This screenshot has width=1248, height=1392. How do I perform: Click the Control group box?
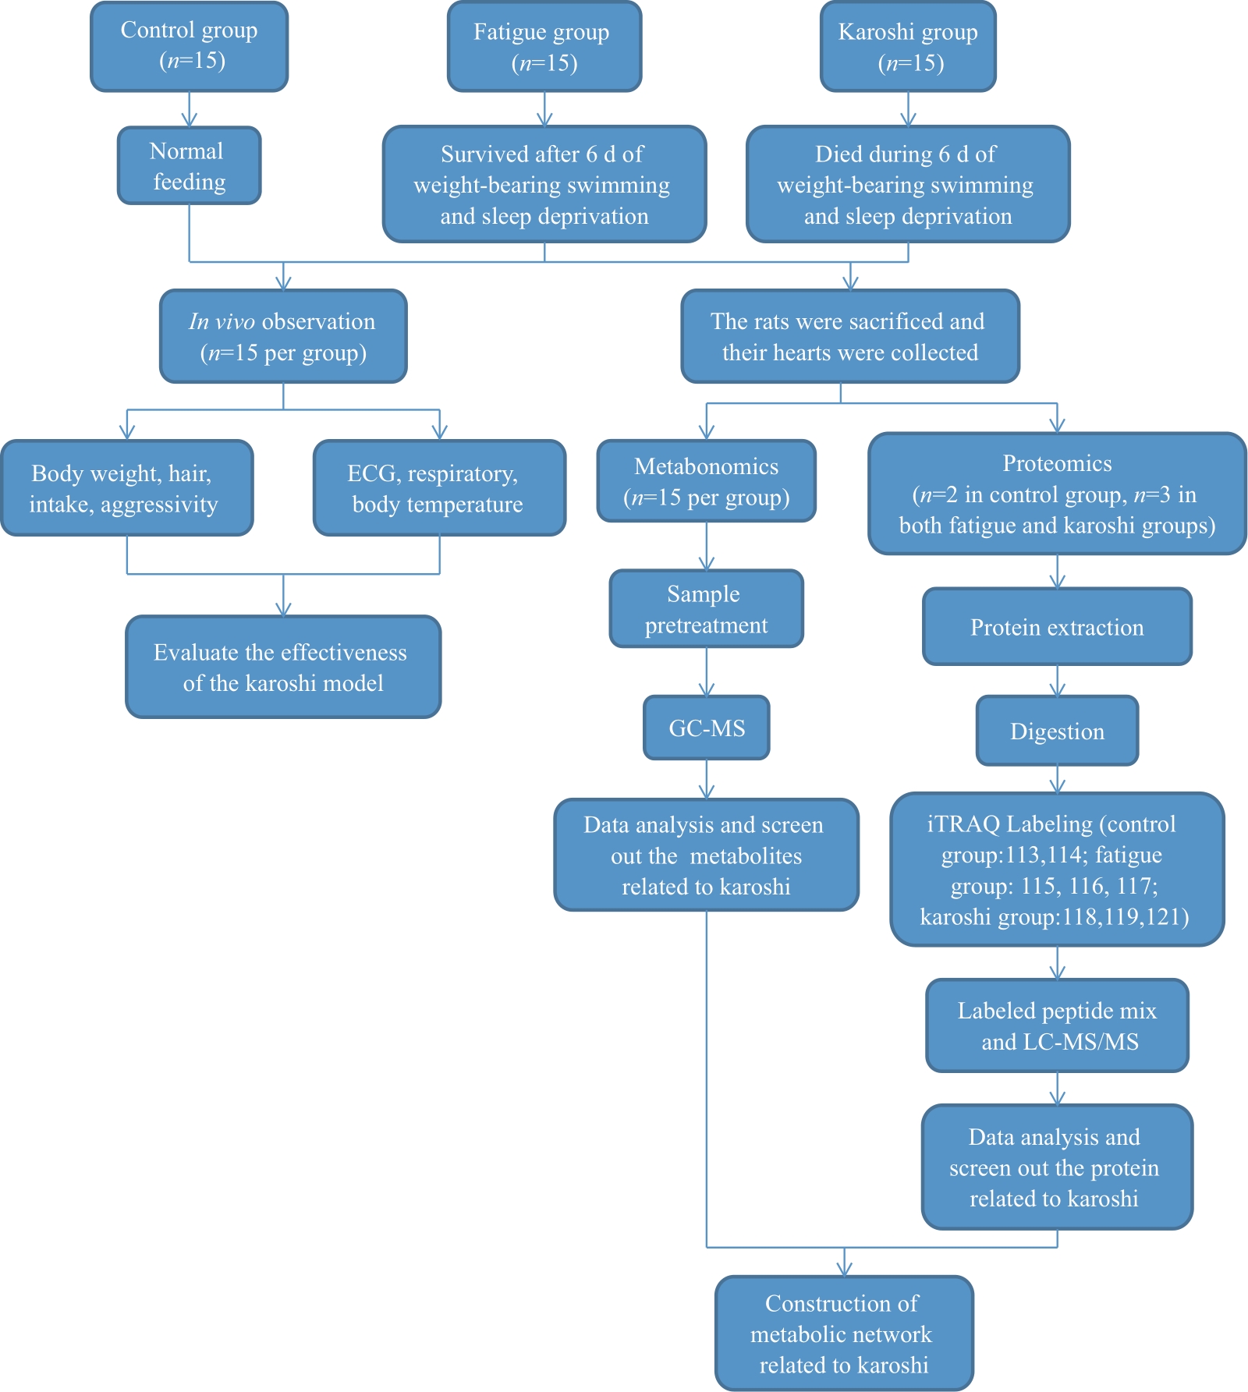(x=190, y=46)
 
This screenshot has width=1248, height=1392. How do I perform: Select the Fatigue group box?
(x=544, y=46)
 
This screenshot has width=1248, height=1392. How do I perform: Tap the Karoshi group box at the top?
(x=908, y=46)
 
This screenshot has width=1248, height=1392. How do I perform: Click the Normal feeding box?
(x=190, y=165)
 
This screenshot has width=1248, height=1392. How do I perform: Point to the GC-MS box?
(x=707, y=728)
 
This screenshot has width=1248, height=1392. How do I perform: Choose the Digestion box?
(x=1057, y=731)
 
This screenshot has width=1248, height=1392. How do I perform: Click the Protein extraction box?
(x=1057, y=626)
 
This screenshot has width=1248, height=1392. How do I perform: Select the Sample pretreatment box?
(x=707, y=609)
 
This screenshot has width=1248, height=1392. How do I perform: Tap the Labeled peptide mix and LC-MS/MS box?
(x=1057, y=1025)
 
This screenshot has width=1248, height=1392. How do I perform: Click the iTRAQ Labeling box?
(x=1057, y=870)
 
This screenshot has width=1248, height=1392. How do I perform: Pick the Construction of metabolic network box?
(x=844, y=1334)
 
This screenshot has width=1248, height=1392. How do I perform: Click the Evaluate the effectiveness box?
(x=283, y=667)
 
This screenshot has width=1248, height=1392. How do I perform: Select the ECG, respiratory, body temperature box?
(x=439, y=488)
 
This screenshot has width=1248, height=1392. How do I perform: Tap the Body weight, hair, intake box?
(x=127, y=488)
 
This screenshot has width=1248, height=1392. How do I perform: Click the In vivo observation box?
(x=283, y=336)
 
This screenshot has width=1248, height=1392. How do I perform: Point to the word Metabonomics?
(x=707, y=466)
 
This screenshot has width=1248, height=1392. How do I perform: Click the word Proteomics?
(x=1057, y=463)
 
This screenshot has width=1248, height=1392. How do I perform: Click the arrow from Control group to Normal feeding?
(x=190, y=109)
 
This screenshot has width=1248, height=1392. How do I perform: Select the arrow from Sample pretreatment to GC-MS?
(x=707, y=672)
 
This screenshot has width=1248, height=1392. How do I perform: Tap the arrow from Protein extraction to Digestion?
(x=1057, y=681)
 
